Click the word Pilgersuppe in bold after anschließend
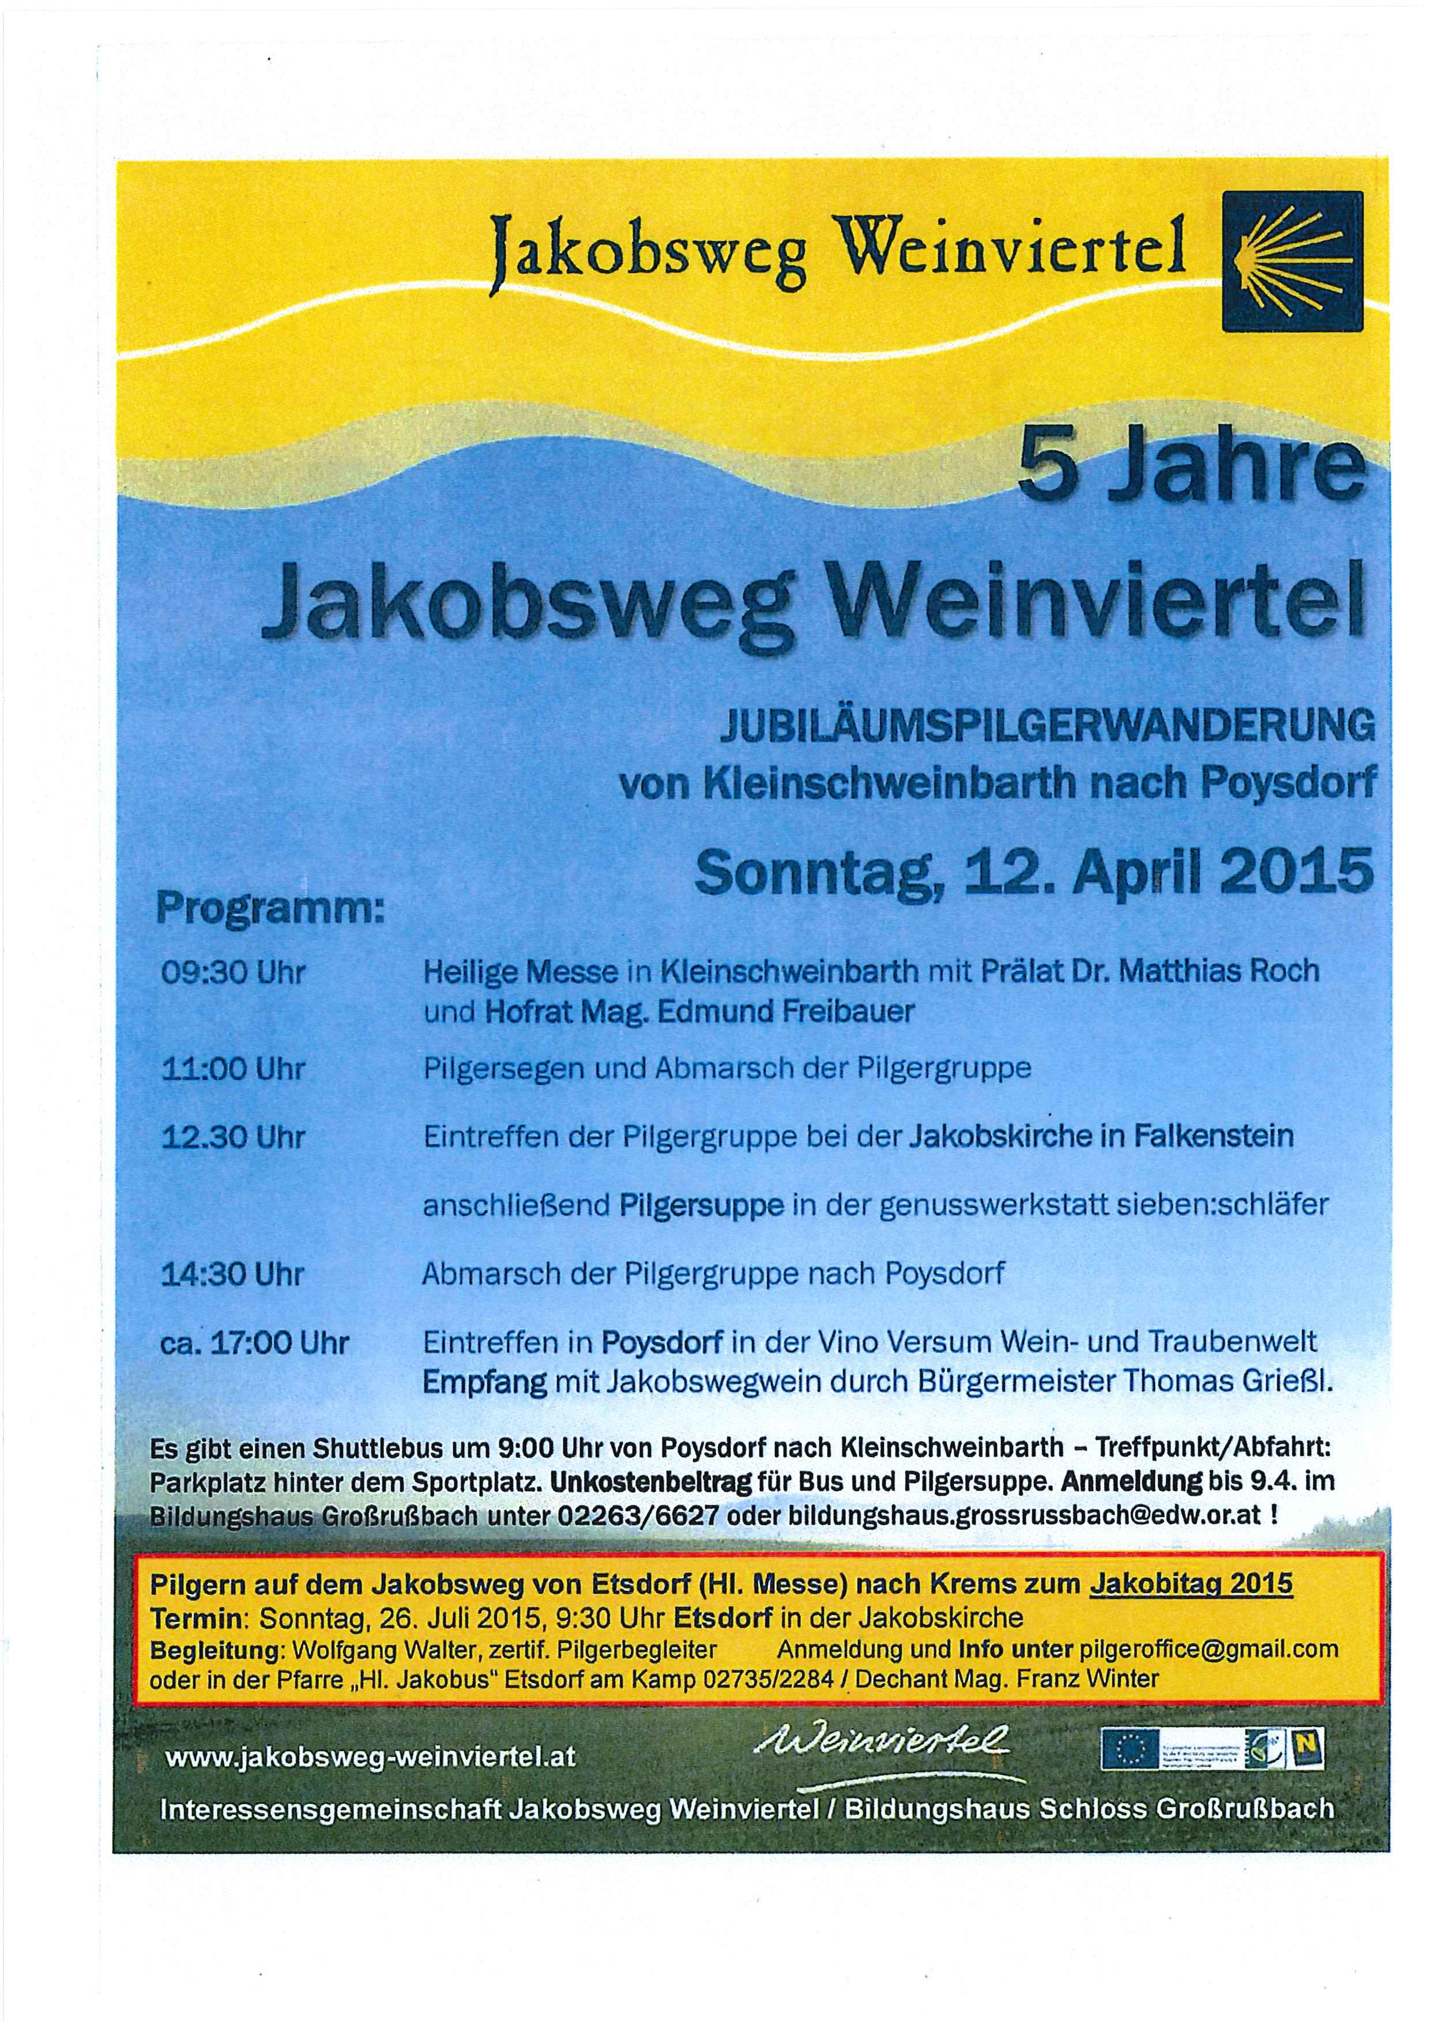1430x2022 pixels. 701,1206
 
